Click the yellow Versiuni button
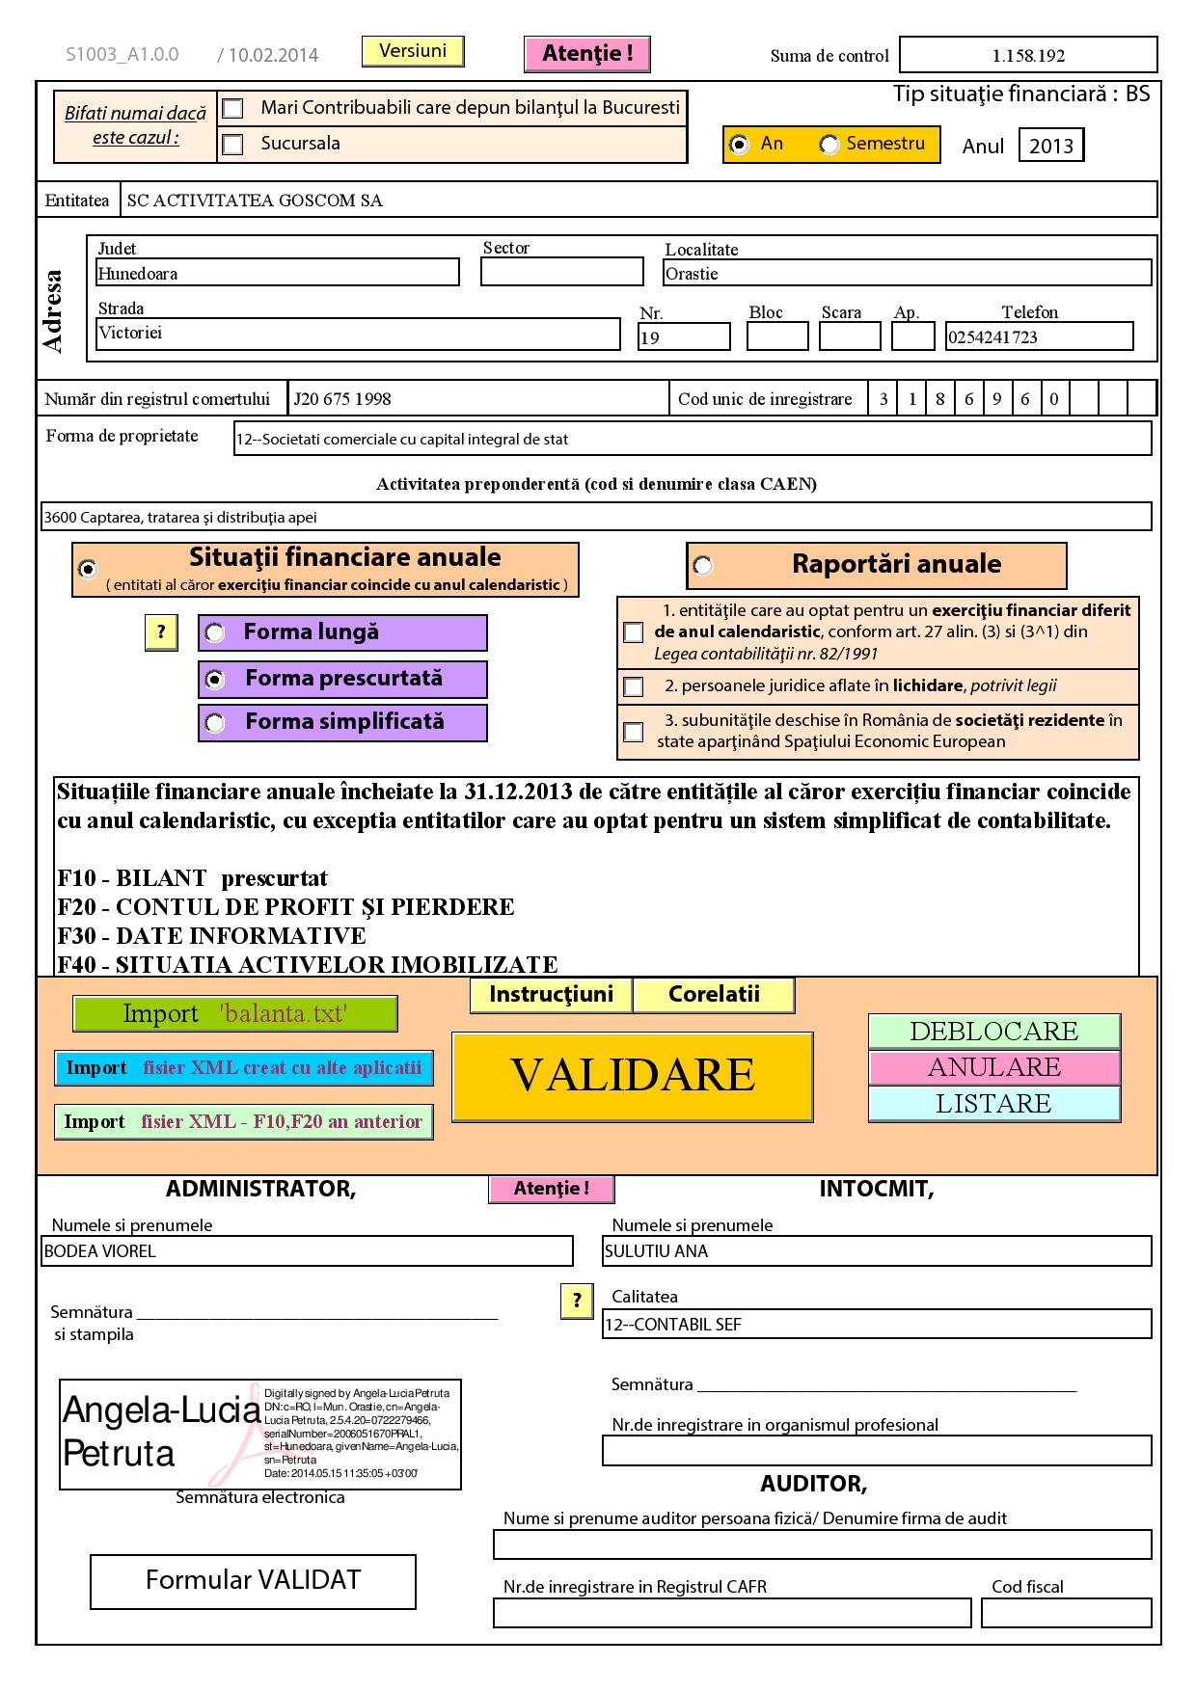coord(413,51)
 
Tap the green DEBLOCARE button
coord(993,1032)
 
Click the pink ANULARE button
coord(993,1067)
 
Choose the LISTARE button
coord(993,1104)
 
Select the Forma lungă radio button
coord(215,633)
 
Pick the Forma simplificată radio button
coord(215,723)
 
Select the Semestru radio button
coord(829,145)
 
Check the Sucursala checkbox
coord(232,145)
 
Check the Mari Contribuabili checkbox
coord(232,108)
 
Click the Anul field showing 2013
coord(1050,146)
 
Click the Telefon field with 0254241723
coord(1038,336)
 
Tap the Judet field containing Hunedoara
coord(277,273)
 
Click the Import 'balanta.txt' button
coord(234,1014)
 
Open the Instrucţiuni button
coord(551,995)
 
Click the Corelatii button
coord(714,995)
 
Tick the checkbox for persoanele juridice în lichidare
coord(634,686)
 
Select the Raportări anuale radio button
coord(703,566)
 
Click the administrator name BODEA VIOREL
coord(307,1251)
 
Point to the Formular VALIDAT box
coord(253,1581)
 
